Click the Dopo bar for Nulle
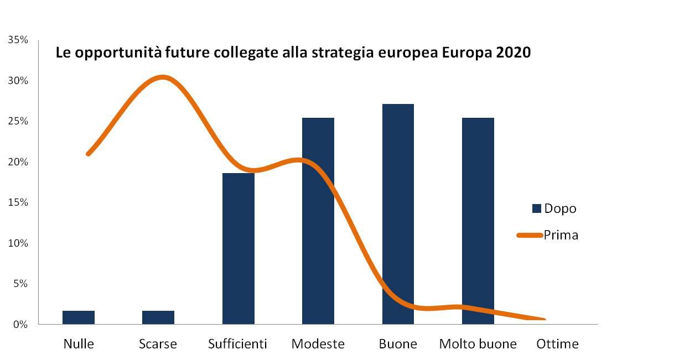click(79, 317)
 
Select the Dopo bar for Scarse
click(158, 317)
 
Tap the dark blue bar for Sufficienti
click(239, 248)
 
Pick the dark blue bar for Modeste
click(318, 221)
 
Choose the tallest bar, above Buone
click(398, 214)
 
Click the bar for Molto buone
click(478, 221)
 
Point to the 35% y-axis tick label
click(18, 40)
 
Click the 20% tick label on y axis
click(18, 162)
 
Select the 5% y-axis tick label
click(20, 284)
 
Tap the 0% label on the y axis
click(20, 325)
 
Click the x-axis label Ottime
click(557, 344)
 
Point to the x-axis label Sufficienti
click(237, 344)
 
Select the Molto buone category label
click(478, 344)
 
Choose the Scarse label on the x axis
click(158, 344)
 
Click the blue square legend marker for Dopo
click(536, 208)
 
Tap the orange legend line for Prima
click(529, 235)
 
